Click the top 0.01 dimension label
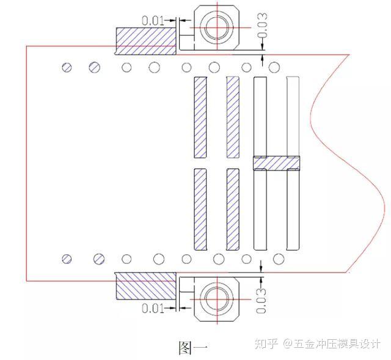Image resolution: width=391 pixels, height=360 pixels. [x=153, y=20]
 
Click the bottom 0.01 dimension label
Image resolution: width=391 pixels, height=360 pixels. [x=153, y=307]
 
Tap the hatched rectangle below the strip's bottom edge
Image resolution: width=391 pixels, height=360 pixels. [x=146, y=287]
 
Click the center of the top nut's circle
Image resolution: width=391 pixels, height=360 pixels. [x=216, y=28]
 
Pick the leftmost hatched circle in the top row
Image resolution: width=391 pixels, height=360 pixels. [x=67, y=67]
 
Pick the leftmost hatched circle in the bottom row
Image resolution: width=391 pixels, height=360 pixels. [x=67, y=259]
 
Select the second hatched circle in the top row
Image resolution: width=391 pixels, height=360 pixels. [x=95, y=67]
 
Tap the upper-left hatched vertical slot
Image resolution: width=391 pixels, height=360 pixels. [x=200, y=116]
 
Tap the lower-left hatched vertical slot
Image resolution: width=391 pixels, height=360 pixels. [x=200, y=209]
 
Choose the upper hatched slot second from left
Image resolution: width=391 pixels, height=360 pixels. [x=233, y=116]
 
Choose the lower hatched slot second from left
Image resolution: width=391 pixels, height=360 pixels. [x=233, y=209]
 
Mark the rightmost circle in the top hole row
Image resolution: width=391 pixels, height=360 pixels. [x=274, y=66]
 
